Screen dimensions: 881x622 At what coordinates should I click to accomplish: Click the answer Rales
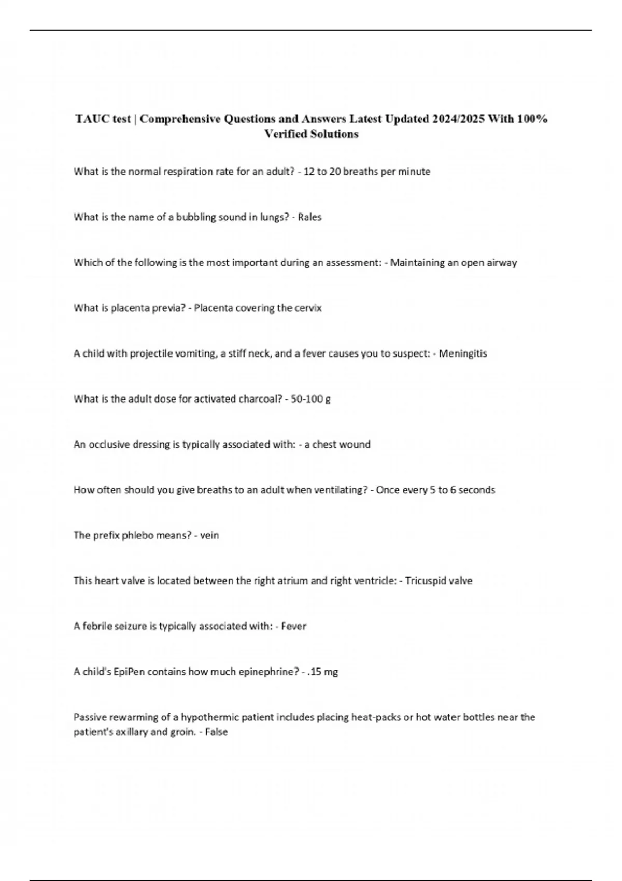click(309, 217)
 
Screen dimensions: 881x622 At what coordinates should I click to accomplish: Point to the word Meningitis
click(463, 353)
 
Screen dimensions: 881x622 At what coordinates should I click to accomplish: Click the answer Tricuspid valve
click(439, 580)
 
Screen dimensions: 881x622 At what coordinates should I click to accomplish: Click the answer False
click(216, 732)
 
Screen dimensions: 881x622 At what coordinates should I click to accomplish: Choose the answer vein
click(209, 535)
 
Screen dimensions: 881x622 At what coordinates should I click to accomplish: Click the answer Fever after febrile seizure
click(293, 626)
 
